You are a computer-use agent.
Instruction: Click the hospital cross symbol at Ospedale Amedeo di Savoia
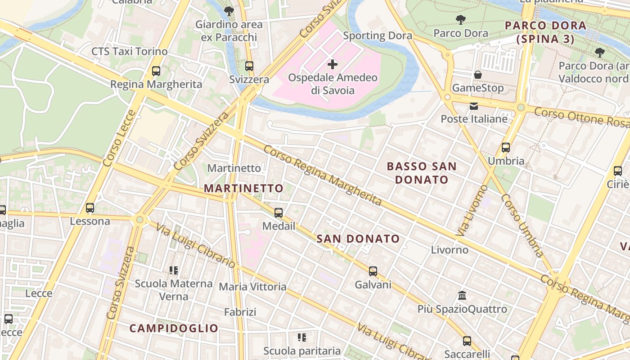[333, 64]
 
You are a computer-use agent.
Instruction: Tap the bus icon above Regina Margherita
[156, 71]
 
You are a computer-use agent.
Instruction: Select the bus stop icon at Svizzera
[249, 66]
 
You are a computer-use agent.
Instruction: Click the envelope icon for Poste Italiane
[474, 106]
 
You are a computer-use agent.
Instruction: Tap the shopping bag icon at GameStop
[478, 74]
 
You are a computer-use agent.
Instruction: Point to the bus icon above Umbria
[506, 147]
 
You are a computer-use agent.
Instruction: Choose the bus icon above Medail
[279, 212]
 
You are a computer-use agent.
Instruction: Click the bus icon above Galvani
[373, 271]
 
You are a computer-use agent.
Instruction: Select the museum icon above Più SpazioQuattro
[462, 296]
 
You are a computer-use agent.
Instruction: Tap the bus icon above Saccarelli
[467, 341]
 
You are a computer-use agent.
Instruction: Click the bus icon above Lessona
[90, 207]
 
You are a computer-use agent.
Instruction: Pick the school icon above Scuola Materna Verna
[174, 270]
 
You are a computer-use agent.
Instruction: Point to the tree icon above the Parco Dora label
[460, 20]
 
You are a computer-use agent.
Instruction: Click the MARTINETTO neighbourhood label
[244, 188]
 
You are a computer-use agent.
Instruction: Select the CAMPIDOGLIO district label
[174, 328]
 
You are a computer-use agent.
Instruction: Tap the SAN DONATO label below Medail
[358, 238]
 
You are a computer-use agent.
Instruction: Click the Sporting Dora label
[378, 36]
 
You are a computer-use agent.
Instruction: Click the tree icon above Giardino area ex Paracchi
[229, 11]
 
